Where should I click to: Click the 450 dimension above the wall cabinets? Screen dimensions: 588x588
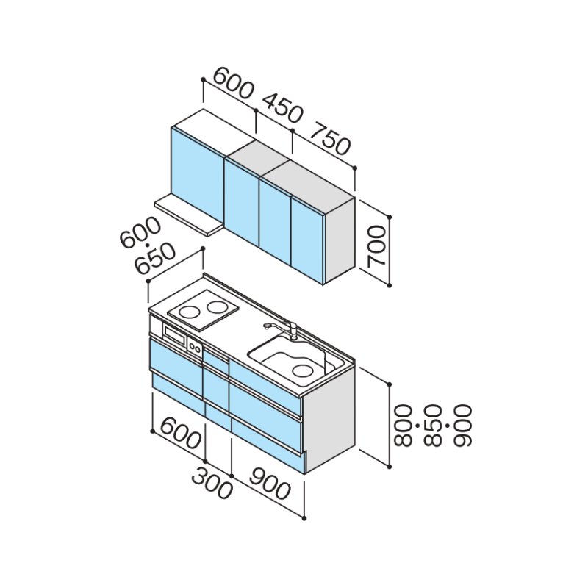click(282, 108)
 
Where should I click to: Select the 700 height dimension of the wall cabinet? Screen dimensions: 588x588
click(376, 246)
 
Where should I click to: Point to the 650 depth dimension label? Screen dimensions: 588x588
click(155, 259)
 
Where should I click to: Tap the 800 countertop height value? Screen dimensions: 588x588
click(404, 426)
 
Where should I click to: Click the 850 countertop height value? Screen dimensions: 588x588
click(433, 426)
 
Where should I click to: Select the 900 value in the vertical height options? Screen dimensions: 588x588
click(462, 426)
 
